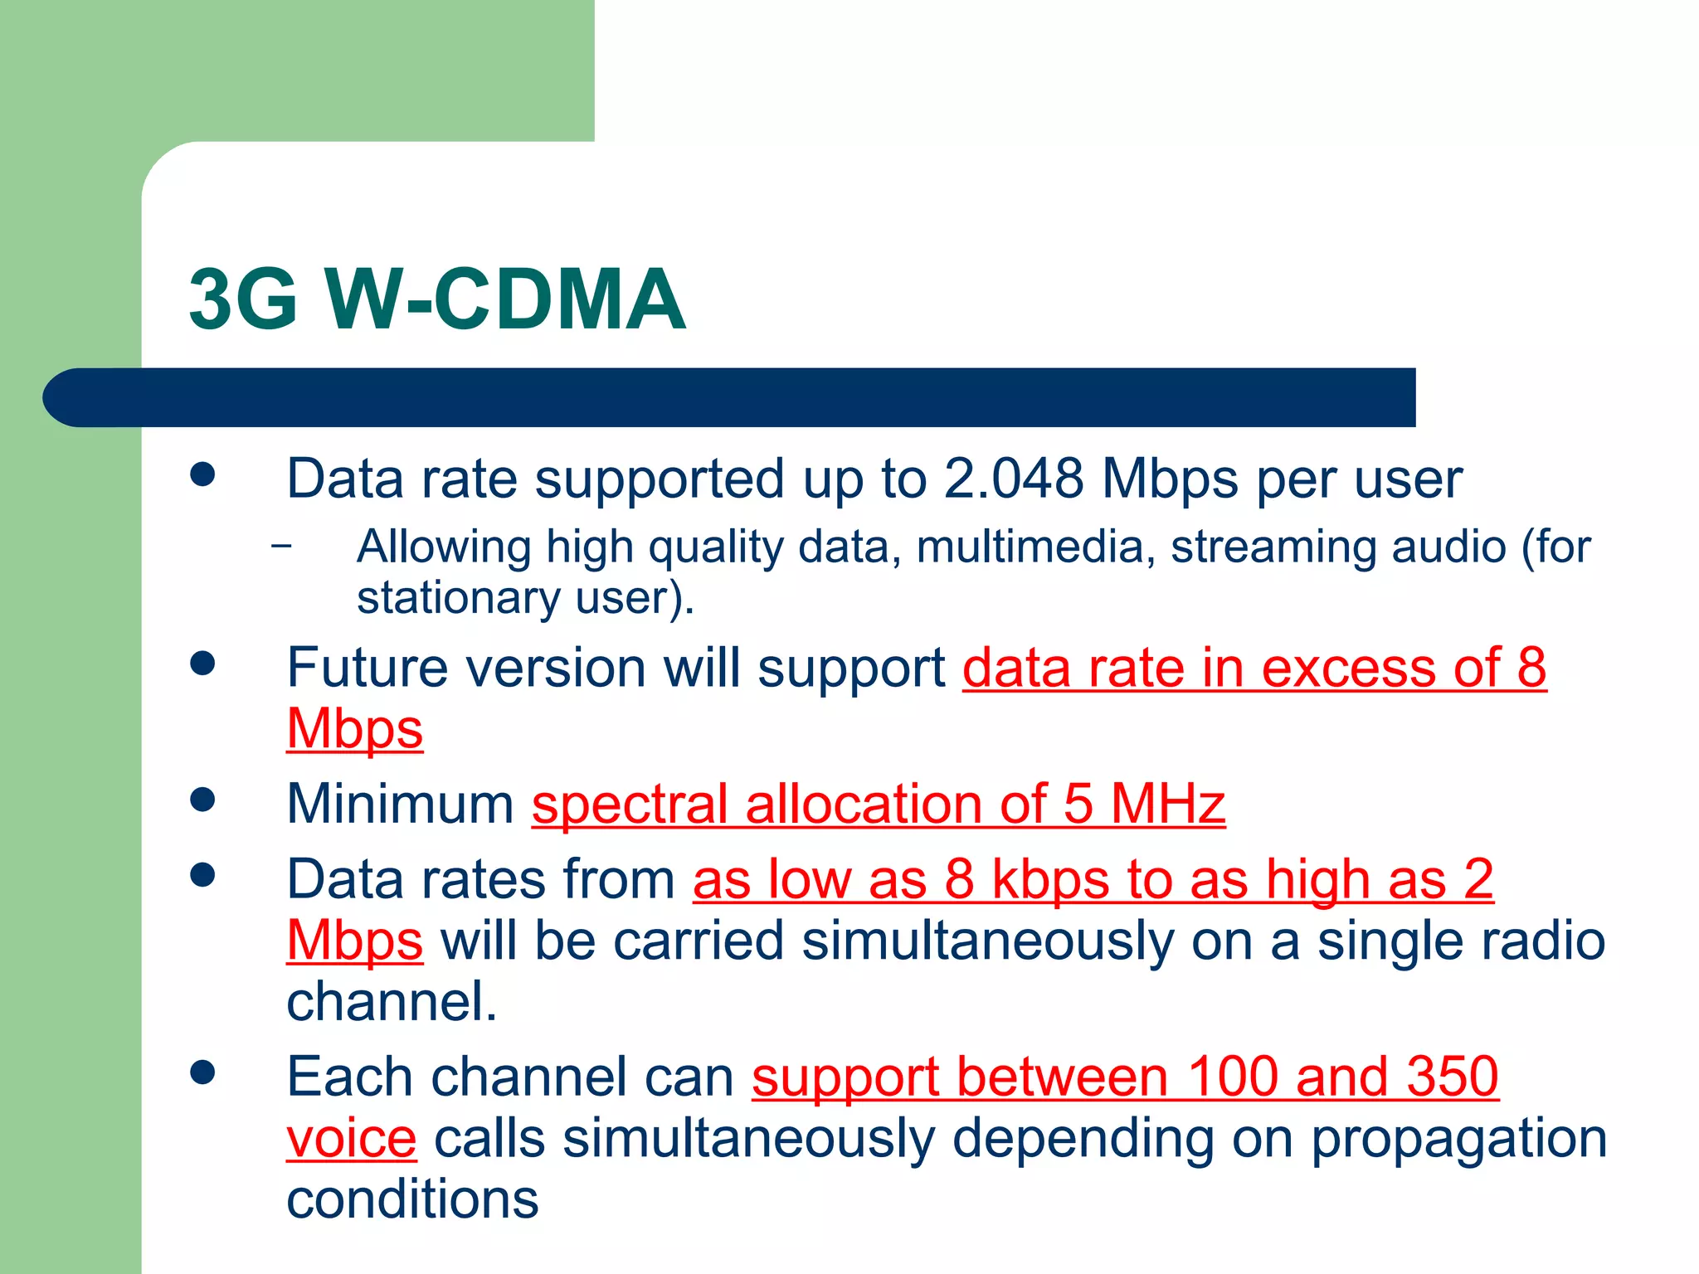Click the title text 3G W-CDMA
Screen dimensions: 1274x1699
tap(437, 299)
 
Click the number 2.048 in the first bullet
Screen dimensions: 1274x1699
tap(1013, 479)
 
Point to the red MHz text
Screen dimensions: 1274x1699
tap(1167, 804)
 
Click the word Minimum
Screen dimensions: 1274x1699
tap(400, 804)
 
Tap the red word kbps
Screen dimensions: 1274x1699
tap(1050, 879)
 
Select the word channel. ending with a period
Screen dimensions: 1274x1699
tap(391, 1001)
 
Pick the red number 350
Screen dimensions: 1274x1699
tap(1452, 1077)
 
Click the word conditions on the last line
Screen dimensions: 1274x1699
tap(412, 1199)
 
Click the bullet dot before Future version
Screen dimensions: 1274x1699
tap(202, 664)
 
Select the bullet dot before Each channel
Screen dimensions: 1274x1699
tap(202, 1072)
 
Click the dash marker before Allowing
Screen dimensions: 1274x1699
tap(281, 546)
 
